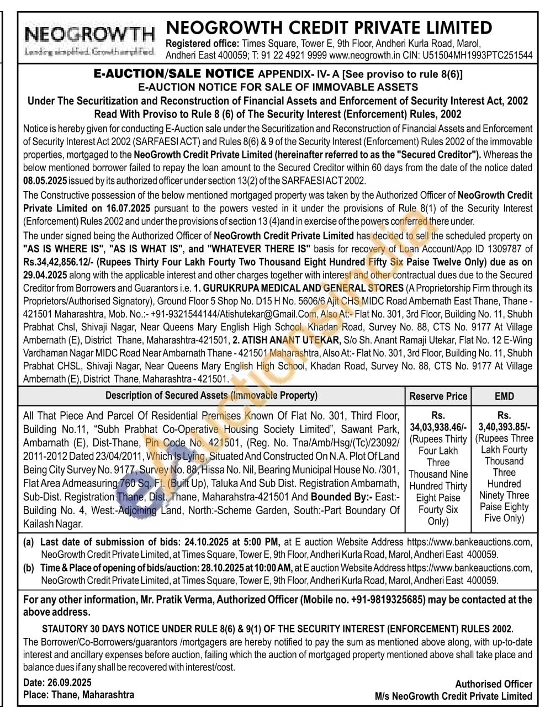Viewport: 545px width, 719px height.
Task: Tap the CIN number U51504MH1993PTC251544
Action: [x=478, y=55]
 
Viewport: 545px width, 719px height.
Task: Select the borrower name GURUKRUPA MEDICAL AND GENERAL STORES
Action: [x=299, y=288]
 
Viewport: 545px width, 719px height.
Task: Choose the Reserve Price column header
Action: [x=438, y=396]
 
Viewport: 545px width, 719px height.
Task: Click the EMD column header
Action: [x=504, y=396]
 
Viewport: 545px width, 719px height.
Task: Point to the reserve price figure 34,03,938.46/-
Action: [x=438, y=427]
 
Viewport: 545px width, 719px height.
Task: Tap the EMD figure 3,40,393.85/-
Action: [x=504, y=426]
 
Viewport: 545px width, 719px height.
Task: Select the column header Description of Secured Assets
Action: [x=211, y=395]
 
